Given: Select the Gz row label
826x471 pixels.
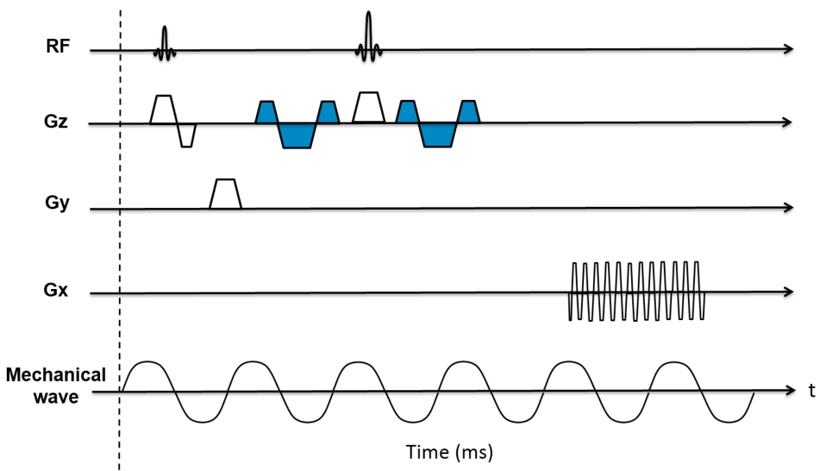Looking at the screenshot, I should [x=58, y=123].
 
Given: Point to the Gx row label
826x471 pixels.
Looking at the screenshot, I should [x=58, y=292].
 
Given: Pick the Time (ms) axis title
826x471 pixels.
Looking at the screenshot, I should [x=449, y=450].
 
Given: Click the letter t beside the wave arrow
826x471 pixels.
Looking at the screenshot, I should [x=811, y=392].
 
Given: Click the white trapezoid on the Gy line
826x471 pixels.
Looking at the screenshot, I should [x=225, y=194].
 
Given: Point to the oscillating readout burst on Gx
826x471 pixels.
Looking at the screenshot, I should [x=637, y=292].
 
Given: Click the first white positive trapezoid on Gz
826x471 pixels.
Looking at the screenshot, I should [x=162, y=110].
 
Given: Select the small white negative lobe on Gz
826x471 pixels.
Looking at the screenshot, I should [x=187, y=135].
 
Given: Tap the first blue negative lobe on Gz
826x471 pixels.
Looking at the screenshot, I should [x=296, y=135].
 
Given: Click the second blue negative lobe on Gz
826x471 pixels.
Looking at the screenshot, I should [x=438, y=135].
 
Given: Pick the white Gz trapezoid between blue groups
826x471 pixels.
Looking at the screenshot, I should [x=368, y=108].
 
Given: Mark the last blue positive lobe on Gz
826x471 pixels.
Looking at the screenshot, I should [x=469, y=113].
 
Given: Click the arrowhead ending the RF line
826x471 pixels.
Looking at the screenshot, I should [x=788, y=50].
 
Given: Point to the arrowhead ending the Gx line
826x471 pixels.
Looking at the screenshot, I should [x=788, y=293].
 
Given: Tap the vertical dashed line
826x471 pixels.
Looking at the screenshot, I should [x=120, y=259].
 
